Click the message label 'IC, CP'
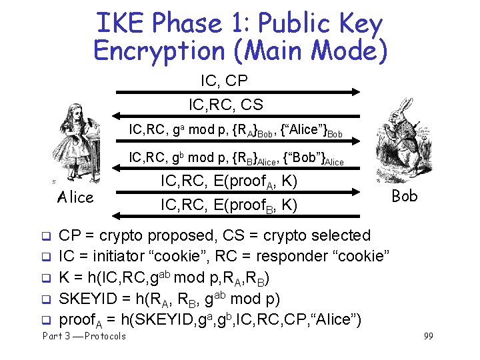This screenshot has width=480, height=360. tap(224, 81)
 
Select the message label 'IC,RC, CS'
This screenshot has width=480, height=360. tap(226, 105)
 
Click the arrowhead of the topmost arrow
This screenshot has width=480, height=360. tap(356, 91)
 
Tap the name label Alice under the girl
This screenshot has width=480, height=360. tap(75, 197)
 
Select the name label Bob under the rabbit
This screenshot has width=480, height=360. tap(404, 195)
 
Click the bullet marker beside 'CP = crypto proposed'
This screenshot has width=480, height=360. tap(47, 236)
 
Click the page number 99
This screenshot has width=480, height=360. tap(428, 336)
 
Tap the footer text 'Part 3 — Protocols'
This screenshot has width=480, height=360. tap(83, 336)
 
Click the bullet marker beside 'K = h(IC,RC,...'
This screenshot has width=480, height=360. tap(47, 278)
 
